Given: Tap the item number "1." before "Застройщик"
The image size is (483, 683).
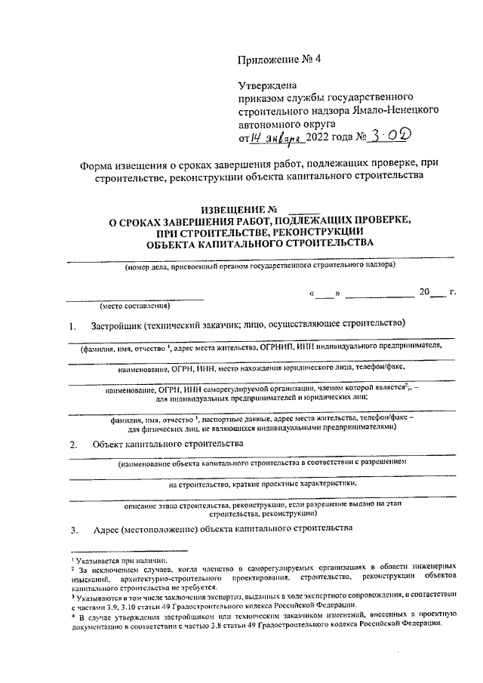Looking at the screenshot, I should [73, 326].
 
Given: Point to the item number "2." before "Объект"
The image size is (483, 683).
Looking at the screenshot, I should [73, 445].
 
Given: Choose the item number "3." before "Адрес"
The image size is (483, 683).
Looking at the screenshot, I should [73, 529].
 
